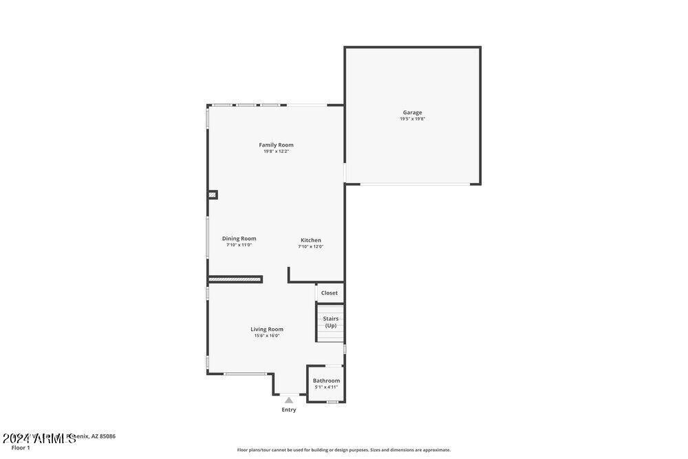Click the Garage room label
(412, 112)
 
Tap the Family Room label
(276, 145)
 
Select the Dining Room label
(239, 238)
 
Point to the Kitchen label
(310, 240)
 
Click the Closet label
(329, 292)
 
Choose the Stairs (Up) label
(331, 321)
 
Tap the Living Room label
(266, 329)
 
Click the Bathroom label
(326, 381)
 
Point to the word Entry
(289, 409)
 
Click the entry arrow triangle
(289, 400)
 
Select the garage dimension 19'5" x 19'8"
(412, 119)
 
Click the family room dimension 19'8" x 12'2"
(276, 151)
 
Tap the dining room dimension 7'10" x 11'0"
(239, 245)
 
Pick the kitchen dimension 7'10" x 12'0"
(310, 246)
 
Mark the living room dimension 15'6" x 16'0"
(266, 336)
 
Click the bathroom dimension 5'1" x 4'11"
(326, 387)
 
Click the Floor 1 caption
(21, 448)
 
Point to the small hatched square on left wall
(212, 195)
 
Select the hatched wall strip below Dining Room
(235, 279)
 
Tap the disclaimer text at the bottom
(343, 450)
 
